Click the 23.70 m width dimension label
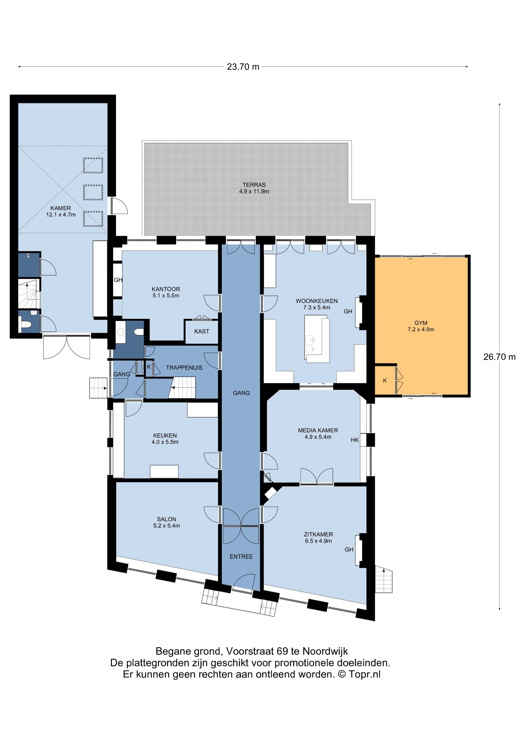[x=243, y=67]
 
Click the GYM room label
[x=421, y=323]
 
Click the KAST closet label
[x=201, y=331]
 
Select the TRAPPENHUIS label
[x=184, y=368]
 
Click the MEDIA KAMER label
[x=318, y=430]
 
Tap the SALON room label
[x=167, y=519]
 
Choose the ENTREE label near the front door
[x=241, y=557]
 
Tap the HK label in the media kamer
[x=354, y=440]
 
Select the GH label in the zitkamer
[x=349, y=550]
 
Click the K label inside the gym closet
[x=385, y=381]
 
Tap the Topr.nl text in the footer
[x=364, y=674]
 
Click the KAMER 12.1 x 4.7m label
[x=61, y=211]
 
